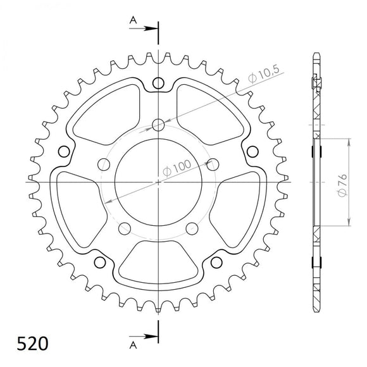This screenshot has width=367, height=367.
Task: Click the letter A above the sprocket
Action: (133, 20)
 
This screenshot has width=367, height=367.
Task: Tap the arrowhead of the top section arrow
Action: (152, 28)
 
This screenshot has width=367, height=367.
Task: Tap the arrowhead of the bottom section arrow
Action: (152, 336)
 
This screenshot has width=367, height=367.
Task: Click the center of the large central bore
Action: (158, 182)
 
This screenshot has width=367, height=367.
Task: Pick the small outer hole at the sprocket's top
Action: (158, 83)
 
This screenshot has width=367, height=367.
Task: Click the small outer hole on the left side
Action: (63, 151)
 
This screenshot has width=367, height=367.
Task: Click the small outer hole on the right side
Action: (252, 151)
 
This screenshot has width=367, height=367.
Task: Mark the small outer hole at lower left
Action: (99, 262)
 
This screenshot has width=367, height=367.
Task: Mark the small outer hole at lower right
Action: (216, 262)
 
